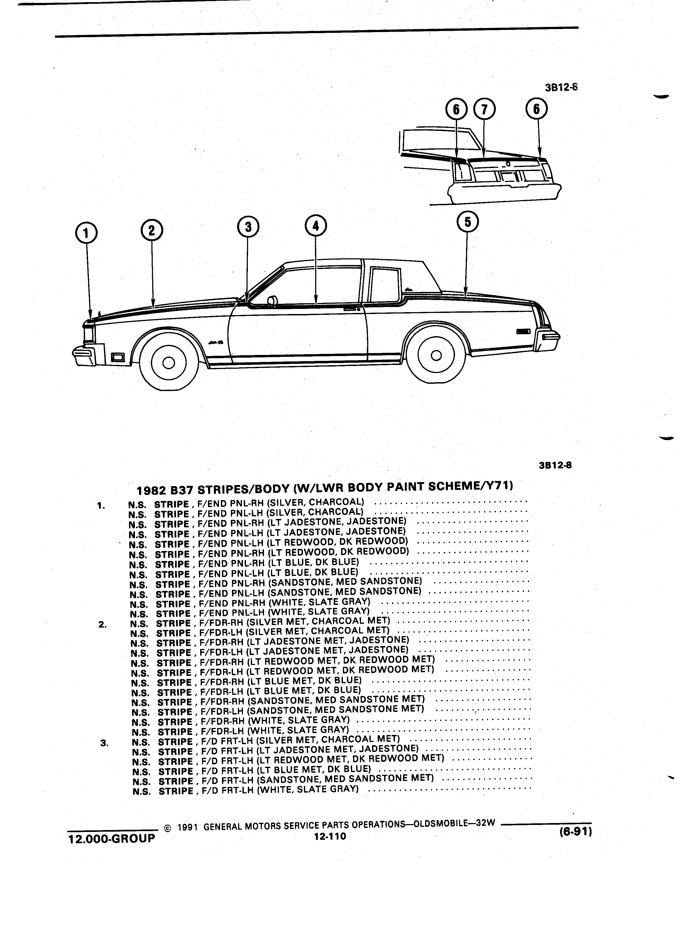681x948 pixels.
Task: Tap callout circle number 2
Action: pyautogui.click(x=151, y=231)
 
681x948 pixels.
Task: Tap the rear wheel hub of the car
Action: pyautogui.click(x=436, y=355)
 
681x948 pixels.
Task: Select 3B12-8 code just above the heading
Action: pyautogui.click(x=555, y=465)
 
